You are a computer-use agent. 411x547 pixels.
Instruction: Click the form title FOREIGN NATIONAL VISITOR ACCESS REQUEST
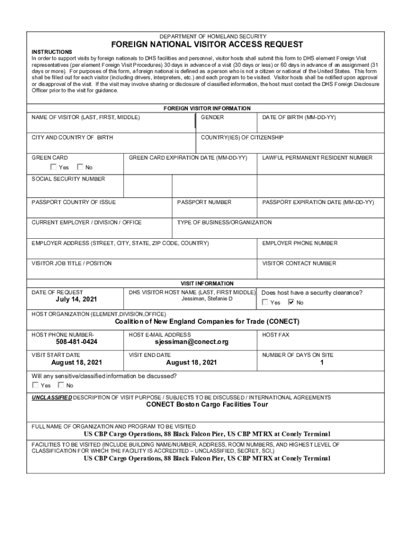[207, 44]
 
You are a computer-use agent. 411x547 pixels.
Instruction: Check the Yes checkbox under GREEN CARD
[53, 167]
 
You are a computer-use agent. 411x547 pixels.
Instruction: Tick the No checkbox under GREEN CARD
[81, 167]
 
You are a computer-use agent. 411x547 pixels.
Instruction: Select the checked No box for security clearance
[291, 302]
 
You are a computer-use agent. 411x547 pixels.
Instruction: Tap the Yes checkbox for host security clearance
[265, 302]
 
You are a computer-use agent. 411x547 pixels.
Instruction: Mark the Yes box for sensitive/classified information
[35, 385]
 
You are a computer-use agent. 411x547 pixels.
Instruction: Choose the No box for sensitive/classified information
[61, 385]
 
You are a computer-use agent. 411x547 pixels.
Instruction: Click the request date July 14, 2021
[76, 300]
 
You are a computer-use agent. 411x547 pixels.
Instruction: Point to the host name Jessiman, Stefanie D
[207, 299]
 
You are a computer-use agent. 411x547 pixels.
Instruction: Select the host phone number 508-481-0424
[76, 341]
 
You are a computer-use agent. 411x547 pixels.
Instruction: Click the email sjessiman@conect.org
[191, 341]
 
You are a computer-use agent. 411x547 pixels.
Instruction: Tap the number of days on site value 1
[322, 362]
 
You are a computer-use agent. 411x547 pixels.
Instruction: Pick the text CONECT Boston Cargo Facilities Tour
[207, 404]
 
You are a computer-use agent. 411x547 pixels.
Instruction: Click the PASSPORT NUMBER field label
[204, 202]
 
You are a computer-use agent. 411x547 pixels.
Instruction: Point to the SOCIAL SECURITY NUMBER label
[68, 179]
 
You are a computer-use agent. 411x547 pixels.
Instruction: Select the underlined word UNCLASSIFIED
[51, 397]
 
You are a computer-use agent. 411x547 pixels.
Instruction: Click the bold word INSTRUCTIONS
[52, 52]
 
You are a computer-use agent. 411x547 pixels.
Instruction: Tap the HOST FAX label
[275, 334]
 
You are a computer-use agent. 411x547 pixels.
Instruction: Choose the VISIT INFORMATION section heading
[207, 283]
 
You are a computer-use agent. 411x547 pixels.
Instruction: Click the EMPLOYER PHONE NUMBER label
[299, 243]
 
